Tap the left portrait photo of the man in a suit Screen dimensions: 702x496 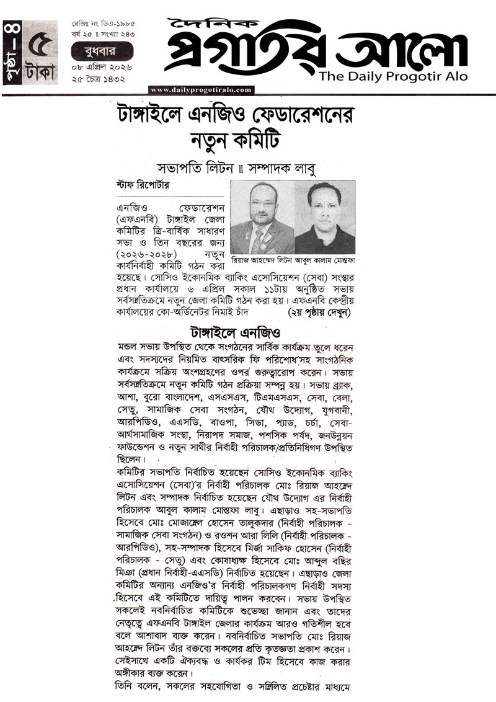click(261, 217)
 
